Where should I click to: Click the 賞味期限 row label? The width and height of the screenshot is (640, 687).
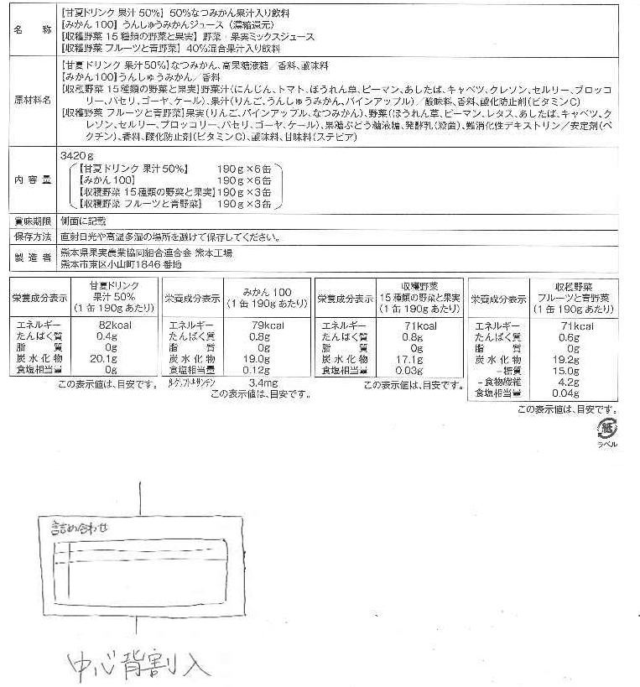pyautogui.click(x=30, y=221)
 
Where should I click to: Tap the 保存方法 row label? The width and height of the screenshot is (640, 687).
pyautogui.click(x=30, y=237)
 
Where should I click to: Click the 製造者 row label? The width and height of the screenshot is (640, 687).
pyautogui.click(x=30, y=258)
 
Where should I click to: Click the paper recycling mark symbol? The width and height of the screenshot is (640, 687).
pyautogui.click(x=605, y=429)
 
